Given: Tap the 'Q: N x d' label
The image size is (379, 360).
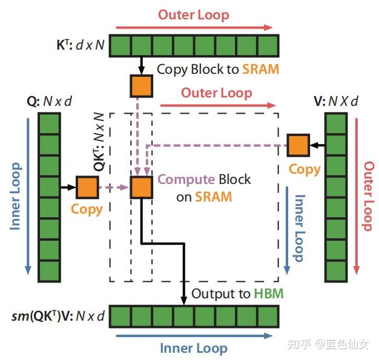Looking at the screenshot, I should [x=54, y=101].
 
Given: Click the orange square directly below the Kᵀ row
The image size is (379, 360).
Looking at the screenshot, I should [x=142, y=85].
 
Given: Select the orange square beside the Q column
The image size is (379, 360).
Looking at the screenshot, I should [x=87, y=188].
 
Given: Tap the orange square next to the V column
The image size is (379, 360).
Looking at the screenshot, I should [x=298, y=145].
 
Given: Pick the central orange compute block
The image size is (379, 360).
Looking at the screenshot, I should [x=142, y=188].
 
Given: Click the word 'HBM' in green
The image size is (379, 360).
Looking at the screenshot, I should [x=268, y=294].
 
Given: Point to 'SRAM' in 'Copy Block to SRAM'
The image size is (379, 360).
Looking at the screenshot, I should [x=261, y=69].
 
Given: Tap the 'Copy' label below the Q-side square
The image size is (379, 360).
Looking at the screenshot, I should [x=87, y=209].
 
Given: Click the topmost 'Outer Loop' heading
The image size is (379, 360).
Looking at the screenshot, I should [x=194, y=15].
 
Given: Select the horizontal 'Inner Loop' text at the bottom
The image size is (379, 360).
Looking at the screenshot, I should [x=194, y=348].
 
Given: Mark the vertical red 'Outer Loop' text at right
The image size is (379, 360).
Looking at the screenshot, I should [x=367, y=196].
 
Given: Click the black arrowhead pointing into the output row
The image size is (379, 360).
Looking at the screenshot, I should [x=184, y=301].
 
